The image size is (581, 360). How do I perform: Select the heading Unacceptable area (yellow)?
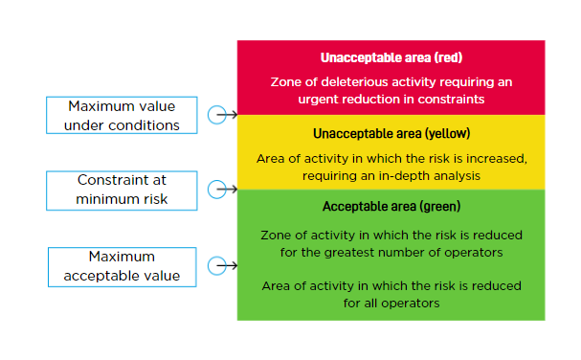[x=391, y=133]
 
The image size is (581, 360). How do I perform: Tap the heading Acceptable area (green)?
[x=391, y=207]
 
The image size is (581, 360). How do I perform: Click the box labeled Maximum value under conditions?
[x=123, y=115]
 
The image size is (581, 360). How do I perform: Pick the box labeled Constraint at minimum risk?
[x=123, y=190]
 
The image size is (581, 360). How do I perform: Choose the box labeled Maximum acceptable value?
[x=123, y=266]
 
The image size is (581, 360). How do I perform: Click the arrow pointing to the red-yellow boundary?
[x=230, y=115]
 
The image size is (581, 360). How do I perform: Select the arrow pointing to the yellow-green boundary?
[x=230, y=190]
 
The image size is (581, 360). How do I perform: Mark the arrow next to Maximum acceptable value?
[x=230, y=266]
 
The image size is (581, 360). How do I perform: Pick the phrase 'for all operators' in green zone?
[x=391, y=304]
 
